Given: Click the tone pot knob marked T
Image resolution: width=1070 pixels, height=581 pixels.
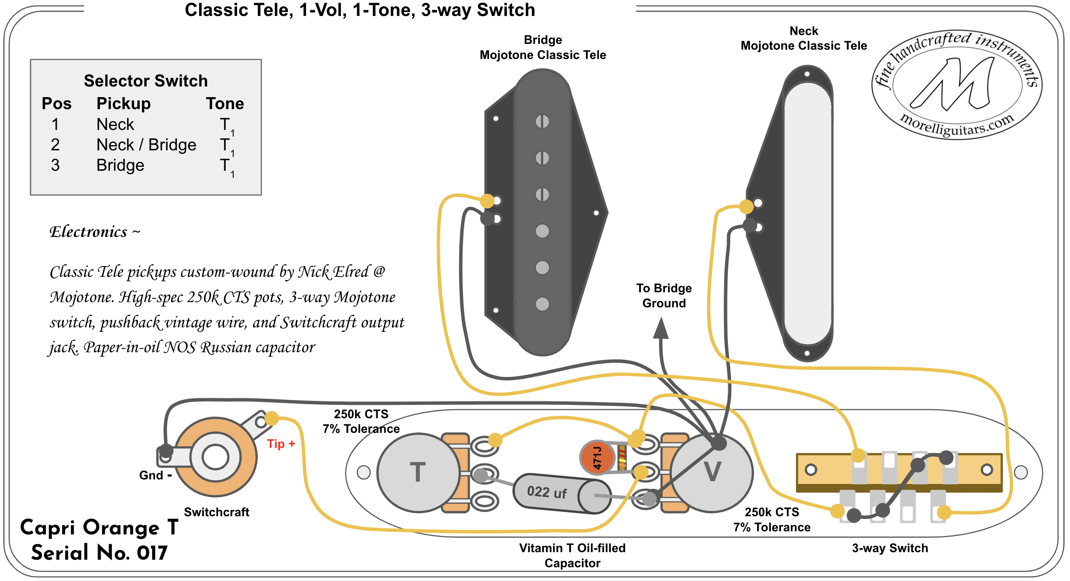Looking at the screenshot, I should [418, 472].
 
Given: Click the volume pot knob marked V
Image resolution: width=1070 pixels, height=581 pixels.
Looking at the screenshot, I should [712, 472].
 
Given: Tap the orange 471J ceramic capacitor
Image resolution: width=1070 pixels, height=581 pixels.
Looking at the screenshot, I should [597, 457].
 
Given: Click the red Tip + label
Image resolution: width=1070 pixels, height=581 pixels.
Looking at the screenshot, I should [281, 444].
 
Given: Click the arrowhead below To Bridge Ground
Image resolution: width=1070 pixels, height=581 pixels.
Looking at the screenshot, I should [661, 329].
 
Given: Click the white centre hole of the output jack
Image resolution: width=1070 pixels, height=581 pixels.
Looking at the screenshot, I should [215, 457].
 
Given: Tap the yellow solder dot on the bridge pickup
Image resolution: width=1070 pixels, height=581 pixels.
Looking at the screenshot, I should [487, 201].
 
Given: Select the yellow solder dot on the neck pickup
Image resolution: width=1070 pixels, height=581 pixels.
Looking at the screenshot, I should [746, 207].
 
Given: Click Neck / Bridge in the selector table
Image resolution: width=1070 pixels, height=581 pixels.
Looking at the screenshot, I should [146, 145].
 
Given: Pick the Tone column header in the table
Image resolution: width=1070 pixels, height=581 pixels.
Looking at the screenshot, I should [225, 103].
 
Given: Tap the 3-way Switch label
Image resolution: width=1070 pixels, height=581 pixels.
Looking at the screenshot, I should [890, 548].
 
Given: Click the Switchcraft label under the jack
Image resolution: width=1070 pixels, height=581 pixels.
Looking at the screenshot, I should [216, 512].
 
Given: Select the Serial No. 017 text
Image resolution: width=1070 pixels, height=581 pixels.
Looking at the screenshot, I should [99, 553].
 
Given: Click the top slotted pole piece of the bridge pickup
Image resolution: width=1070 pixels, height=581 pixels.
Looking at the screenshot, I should [542, 121].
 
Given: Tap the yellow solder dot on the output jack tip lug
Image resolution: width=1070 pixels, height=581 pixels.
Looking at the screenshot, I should [271, 418].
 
